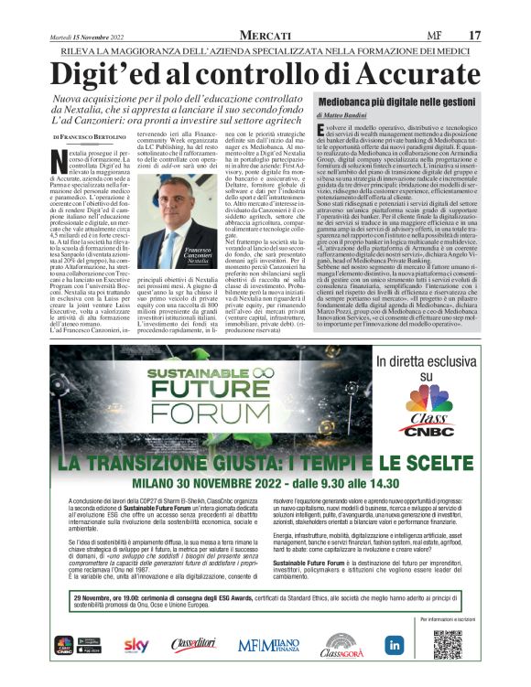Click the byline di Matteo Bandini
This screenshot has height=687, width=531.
[346, 115]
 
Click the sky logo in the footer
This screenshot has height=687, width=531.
[136, 645]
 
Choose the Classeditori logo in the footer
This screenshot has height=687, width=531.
[193, 645]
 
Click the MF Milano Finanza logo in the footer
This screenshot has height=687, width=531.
[268, 645]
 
